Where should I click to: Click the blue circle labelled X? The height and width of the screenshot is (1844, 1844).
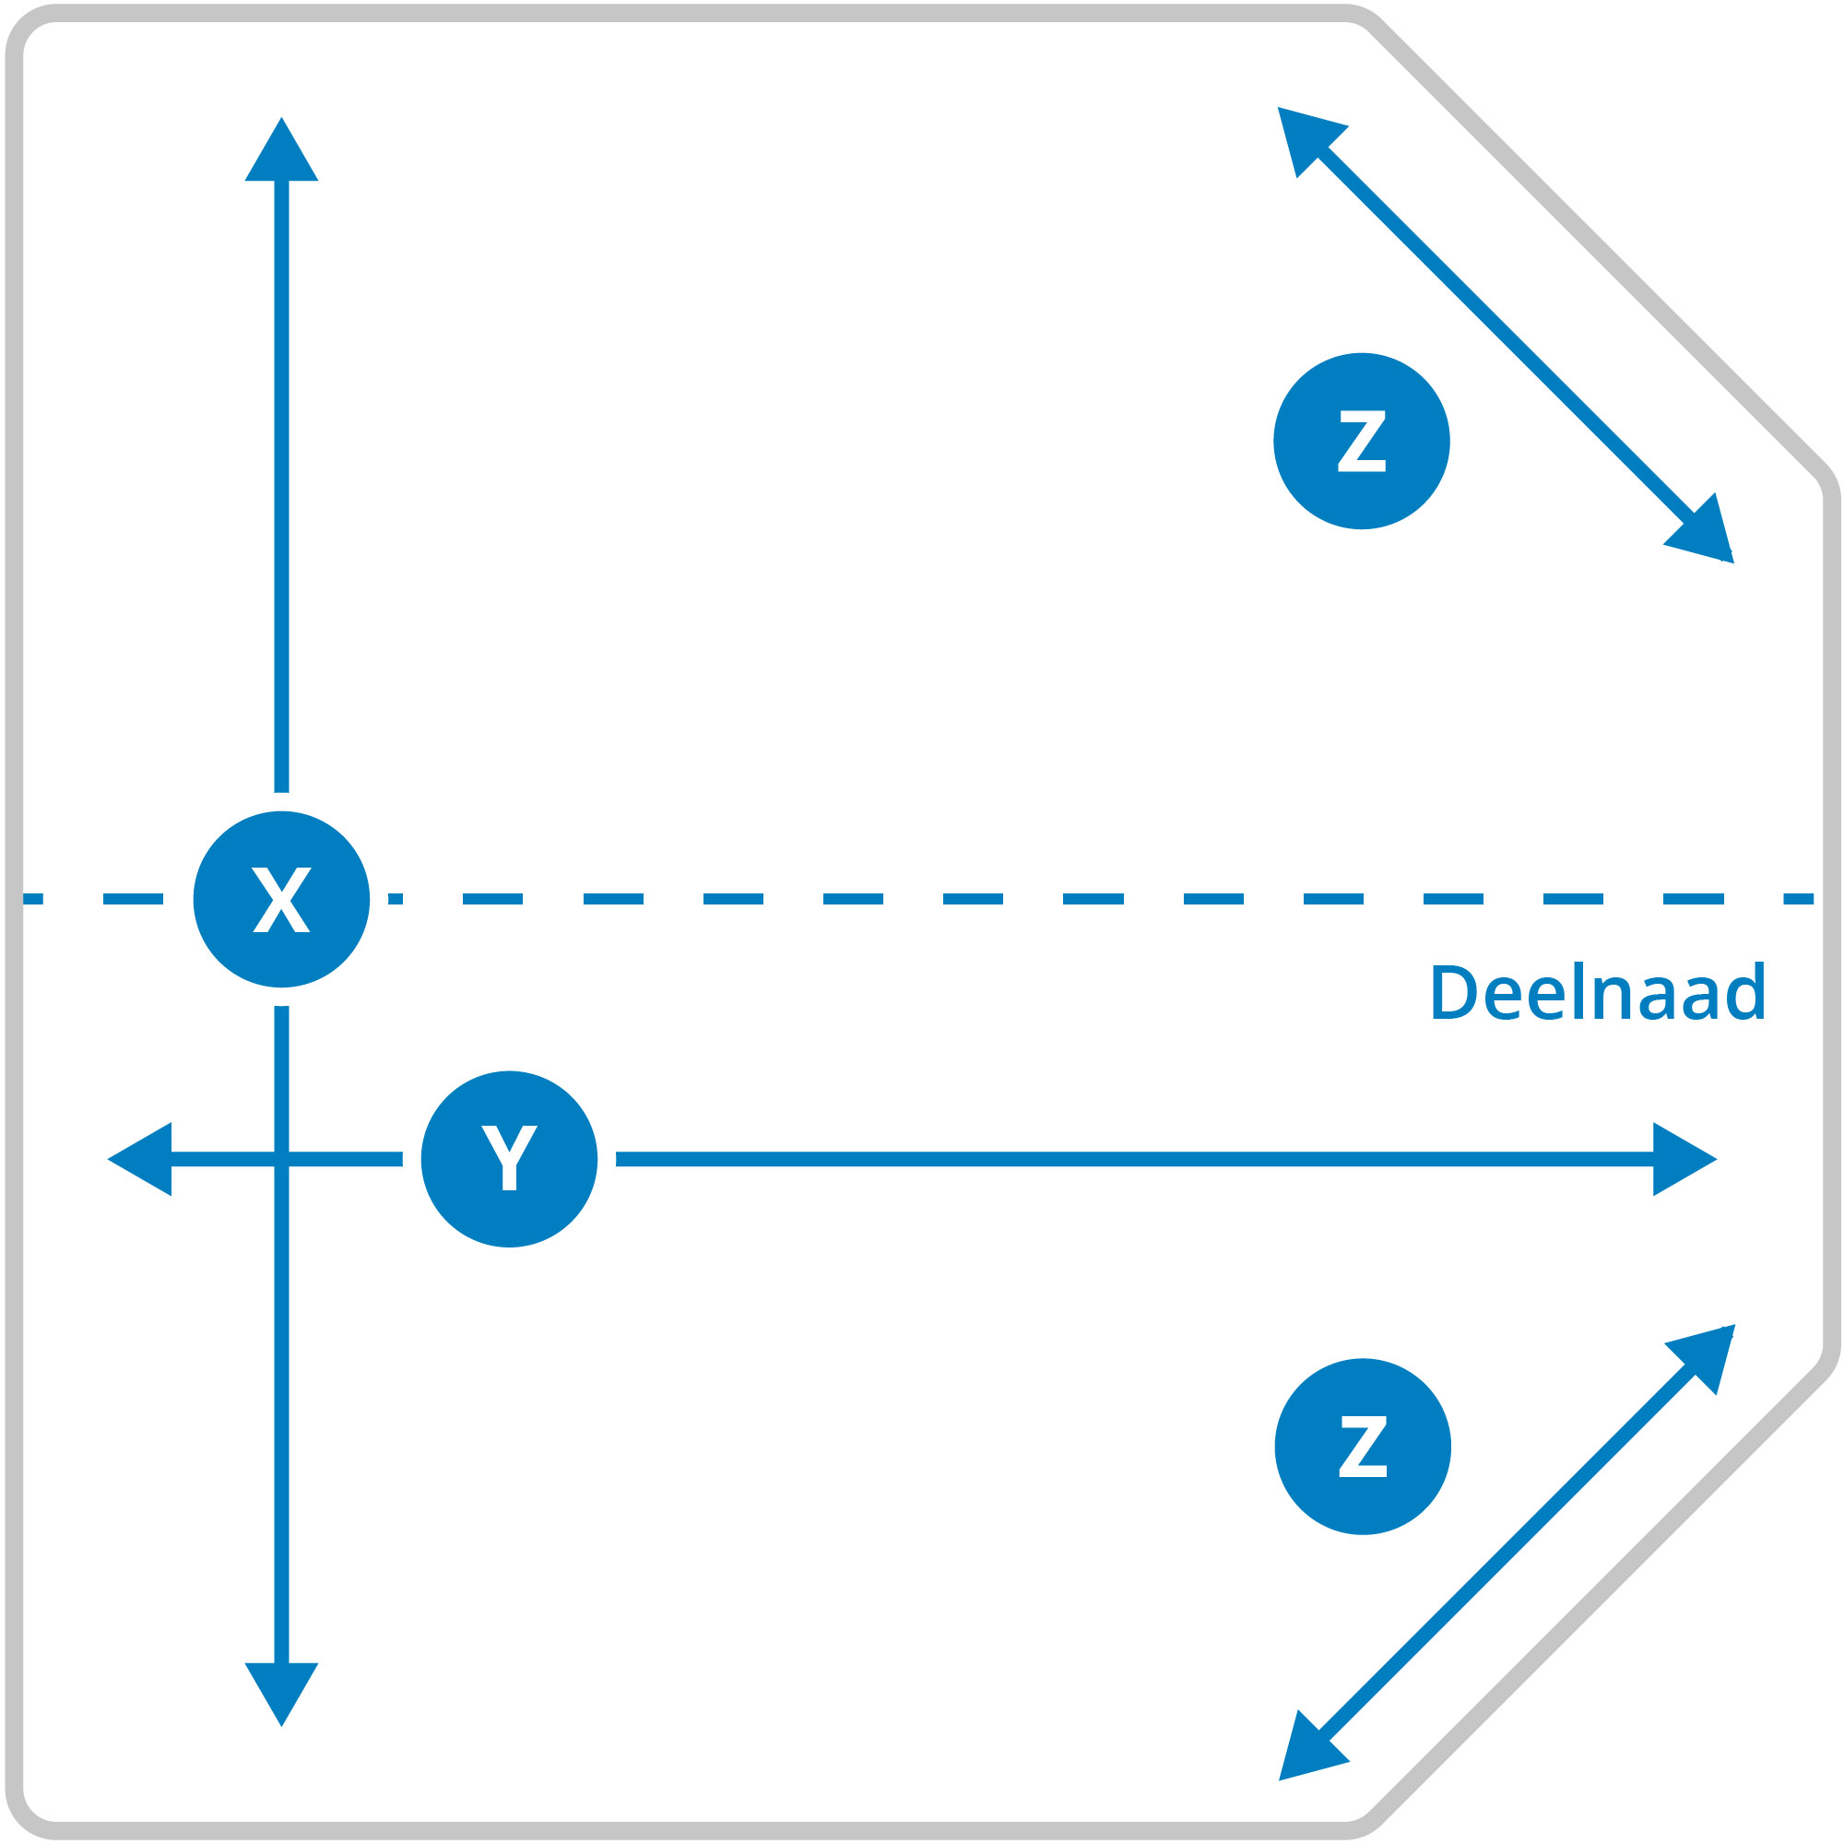coord(281,899)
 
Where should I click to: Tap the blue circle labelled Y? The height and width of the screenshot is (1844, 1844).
coord(509,1159)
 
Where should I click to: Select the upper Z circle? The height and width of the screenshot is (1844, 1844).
coord(1361,441)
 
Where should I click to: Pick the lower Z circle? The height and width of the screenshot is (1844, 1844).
coord(1362,1446)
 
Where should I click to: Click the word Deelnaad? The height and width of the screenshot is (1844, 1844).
coord(1598,991)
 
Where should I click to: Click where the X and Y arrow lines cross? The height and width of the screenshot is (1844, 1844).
coord(281,1159)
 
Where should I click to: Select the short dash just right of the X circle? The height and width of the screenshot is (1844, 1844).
coord(396,898)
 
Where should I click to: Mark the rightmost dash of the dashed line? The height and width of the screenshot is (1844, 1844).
coord(1798,898)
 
